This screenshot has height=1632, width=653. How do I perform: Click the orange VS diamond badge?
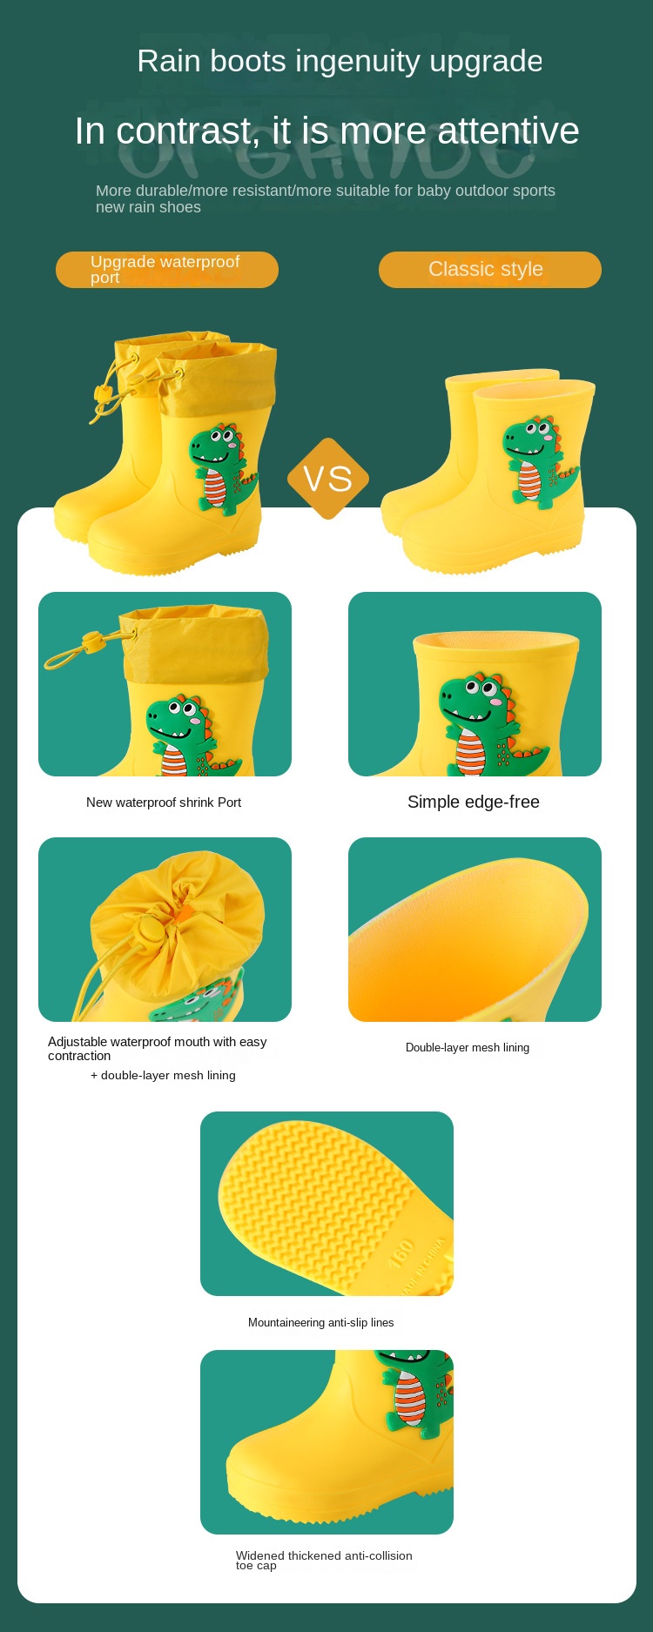[328, 479]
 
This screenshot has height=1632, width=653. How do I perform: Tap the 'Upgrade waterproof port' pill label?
[167, 270]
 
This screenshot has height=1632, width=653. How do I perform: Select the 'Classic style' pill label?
[490, 270]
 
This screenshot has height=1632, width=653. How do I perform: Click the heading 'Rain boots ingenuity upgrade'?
[340, 61]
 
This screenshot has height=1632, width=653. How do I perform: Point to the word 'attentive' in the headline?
[508, 131]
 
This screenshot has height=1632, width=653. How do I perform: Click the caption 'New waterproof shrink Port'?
[164, 803]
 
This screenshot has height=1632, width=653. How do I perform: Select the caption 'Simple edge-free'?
[474, 802]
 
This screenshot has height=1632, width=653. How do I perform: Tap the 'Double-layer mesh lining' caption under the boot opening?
[468, 1047]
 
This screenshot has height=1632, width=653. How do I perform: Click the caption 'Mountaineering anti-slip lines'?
[321, 1322]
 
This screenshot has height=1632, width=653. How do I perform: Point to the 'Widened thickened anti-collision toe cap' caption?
[324, 1560]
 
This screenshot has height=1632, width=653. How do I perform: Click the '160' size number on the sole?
[402, 1253]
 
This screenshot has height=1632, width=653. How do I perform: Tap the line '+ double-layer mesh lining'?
[163, 1075]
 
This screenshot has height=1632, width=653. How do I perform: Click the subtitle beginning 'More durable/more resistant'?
[326, 198]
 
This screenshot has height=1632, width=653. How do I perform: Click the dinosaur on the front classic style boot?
[538, 461]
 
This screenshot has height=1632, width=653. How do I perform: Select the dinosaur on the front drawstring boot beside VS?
[223, 469]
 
